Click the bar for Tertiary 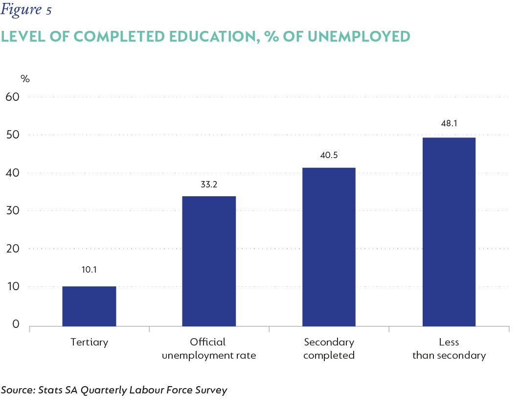(89, 306)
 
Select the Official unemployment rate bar (209, 261)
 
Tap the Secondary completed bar (329, 247)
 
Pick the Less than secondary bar (449, 231)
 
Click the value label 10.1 (89, 269)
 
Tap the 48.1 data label (449, 124)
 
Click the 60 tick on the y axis (12, 96)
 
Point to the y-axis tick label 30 (12, 210)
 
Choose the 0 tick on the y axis (16, 324)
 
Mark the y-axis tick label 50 (12, 135)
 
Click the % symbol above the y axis (25, 79)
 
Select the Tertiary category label (89, 342)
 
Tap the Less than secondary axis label (449, 348)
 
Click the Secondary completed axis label (329, 348)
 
